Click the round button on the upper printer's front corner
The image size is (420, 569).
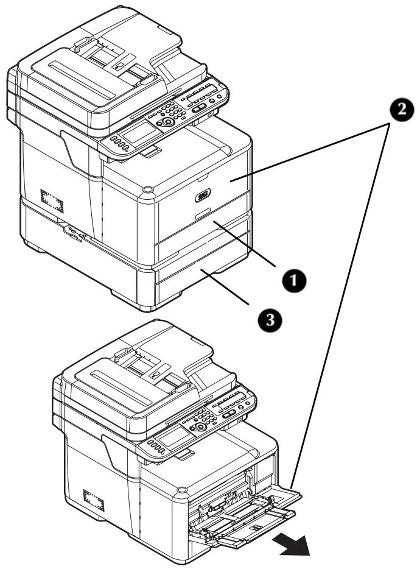(x=147, y=191)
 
